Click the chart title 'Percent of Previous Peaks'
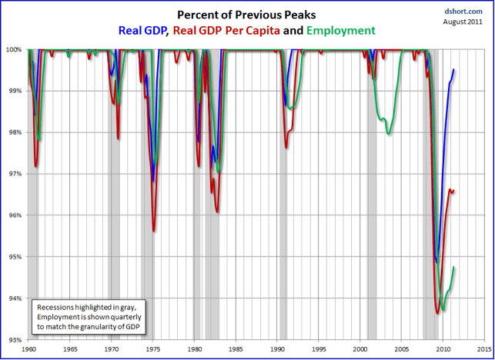(x=247, y=15)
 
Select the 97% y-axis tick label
(x=15, y=174)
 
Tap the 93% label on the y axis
(x=15, y=339)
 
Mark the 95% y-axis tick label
(x=15, y=257)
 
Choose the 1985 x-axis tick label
(x=236, y=349)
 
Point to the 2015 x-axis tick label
(x=483, y=349)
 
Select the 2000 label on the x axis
(x=360, y=349)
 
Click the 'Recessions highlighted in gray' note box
(x=89, y=317)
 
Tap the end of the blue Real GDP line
(x=453, y=70)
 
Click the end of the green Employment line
(x=454, y=267)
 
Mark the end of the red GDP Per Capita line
(x=453, y=191)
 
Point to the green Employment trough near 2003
(x=388, y=134)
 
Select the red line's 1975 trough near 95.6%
(x=154, y=231)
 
